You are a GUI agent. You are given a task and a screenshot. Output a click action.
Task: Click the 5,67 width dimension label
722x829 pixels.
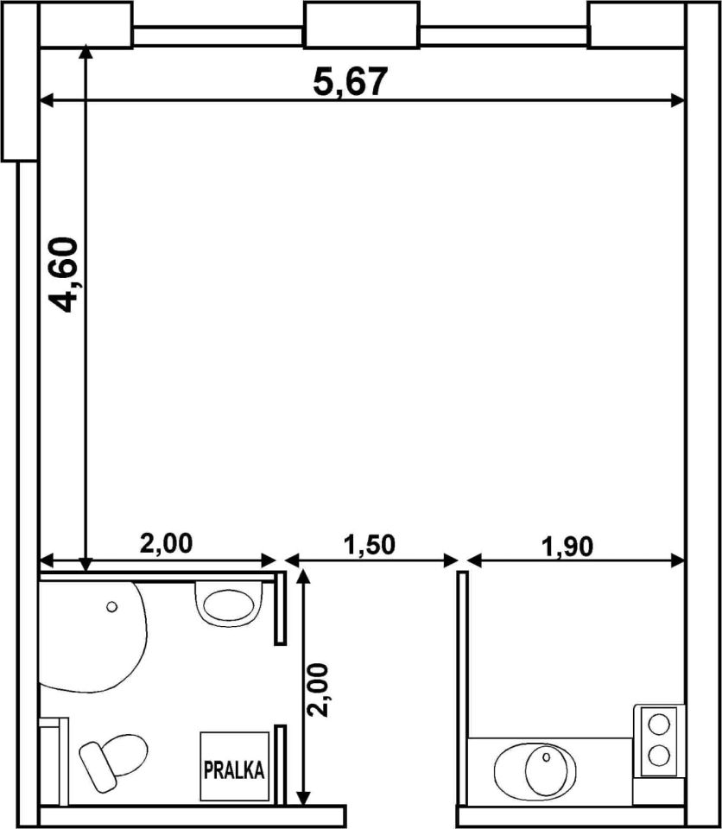(351, 82)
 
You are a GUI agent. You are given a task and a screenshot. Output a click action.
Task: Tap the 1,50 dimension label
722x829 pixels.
(370, 545)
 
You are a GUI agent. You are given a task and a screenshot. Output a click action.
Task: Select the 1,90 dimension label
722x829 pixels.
(567, 547)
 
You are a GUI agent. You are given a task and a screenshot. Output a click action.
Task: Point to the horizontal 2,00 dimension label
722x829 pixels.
(166, 543)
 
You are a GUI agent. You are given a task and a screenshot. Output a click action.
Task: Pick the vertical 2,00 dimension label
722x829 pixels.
(319, 690)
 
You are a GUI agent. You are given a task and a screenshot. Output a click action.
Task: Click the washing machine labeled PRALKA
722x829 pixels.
(234, 766)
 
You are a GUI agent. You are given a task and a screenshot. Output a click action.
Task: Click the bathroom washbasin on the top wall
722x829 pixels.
(229, 602)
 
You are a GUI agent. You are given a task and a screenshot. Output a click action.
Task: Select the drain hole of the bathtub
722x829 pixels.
(111, 606)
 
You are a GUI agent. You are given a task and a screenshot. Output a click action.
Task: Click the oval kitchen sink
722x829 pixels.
(535, 770)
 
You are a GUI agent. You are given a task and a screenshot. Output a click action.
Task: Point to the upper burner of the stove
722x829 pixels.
(659, 724)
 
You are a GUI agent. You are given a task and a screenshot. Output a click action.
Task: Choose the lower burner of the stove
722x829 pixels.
(659, 756)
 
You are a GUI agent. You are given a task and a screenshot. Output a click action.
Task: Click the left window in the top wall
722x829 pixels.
(218, 36)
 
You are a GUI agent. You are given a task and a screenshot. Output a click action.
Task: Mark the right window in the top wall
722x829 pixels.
(503, 36)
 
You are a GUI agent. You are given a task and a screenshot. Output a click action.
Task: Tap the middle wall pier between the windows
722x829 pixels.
(362, 25)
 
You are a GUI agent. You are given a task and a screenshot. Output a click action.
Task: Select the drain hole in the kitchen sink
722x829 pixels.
(547, 757)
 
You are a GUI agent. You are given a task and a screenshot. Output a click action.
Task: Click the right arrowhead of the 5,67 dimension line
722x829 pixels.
(678, 100)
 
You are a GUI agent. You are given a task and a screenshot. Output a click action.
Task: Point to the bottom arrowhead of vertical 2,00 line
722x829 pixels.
(303, 797)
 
